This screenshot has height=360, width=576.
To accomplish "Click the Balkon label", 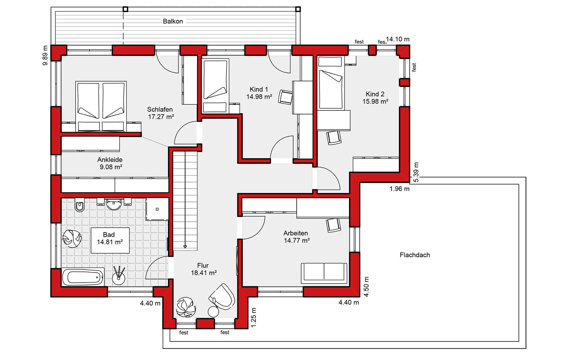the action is (173, 21).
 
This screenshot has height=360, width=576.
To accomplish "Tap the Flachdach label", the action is (415, 255).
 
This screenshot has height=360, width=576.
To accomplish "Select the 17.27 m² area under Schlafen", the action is (161, 117).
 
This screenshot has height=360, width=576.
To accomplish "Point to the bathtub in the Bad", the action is (83, 277).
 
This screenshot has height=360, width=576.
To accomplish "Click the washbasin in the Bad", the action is (114, 204).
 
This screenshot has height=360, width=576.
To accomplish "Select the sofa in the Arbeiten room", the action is (324, 273).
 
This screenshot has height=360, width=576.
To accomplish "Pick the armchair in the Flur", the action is (223, 296).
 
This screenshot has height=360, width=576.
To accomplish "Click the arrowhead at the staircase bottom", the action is (185, 247).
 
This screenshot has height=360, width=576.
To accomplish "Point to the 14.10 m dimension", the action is (398, 39).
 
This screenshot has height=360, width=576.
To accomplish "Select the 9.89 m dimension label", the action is (45, 55).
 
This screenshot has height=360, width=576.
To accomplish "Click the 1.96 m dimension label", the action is (400, 189).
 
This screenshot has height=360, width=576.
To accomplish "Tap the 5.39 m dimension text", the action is (416, 172).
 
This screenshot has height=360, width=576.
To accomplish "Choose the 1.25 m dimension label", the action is (254, 317).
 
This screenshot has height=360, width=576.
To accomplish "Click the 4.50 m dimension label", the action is (366, 287).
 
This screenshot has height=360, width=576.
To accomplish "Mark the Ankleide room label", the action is (110, 160).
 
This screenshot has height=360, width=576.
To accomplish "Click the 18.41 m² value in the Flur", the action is (204, 273).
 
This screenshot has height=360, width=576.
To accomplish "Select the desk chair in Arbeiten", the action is (334, 225).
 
